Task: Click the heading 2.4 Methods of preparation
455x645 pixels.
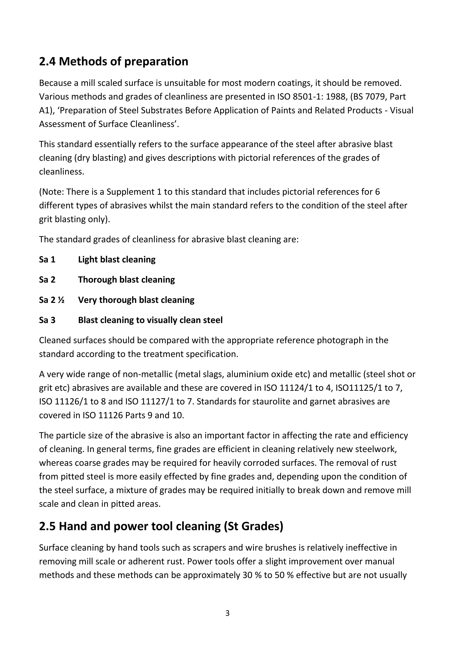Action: [x=114, y=61]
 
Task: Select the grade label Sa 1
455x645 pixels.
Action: [x=47, y=260]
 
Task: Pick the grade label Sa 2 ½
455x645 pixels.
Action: [x=52, y=300]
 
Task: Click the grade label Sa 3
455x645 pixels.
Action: [x=47, y=320]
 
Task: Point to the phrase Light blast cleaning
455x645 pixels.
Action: [x=117, y=260]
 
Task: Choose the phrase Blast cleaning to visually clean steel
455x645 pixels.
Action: [x=150, y=320]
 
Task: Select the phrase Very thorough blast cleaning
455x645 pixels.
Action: [x=136, y=300]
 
